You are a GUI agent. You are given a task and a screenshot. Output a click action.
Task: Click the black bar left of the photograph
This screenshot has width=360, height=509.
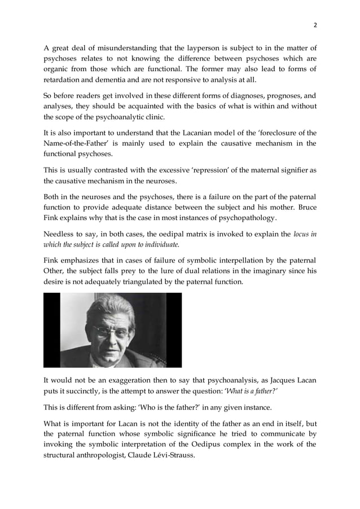coord(51,330)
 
